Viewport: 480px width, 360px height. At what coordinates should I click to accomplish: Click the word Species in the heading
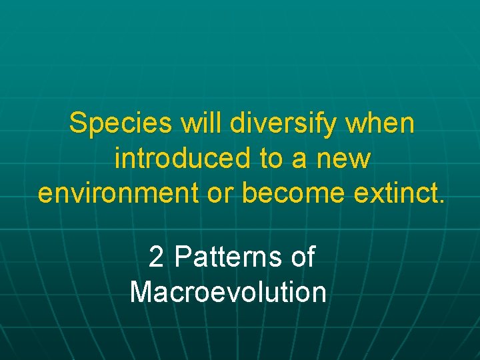(x=112, y=124)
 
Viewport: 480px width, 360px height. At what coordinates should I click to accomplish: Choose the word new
(x=345, y=160)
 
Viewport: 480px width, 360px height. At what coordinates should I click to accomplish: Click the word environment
(x=123, y=193)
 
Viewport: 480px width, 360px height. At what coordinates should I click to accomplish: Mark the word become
(x=293, y=193)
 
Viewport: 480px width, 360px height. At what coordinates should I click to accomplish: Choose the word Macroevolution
(x=228, y=292)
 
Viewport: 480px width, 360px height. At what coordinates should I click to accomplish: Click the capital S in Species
(x=78, y=124)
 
